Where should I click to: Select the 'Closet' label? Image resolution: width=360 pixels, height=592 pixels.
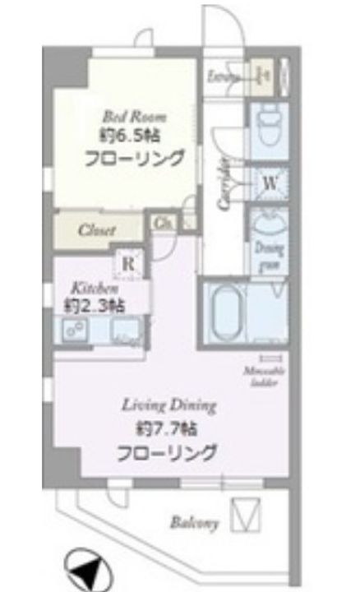[x=97, y=230]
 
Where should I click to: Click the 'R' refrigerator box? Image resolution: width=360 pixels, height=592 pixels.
[x=129, y=265]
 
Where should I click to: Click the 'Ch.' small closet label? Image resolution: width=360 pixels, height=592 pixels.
[x=162, y=222]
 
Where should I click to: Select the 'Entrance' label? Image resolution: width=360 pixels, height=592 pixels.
[x=224, y=78]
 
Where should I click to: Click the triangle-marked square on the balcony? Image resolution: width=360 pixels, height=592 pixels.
[x=245, y=515]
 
